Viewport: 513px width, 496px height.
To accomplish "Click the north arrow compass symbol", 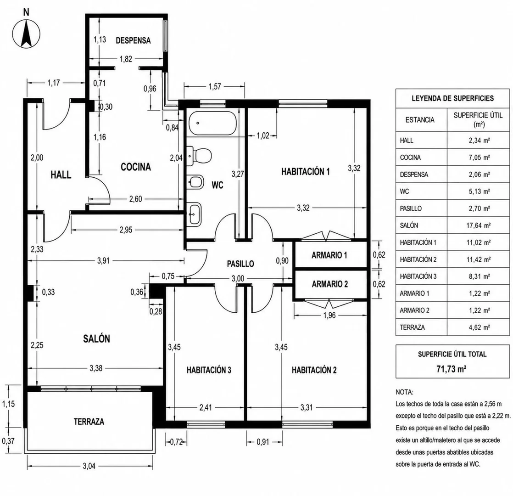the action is click(x=26, y=34).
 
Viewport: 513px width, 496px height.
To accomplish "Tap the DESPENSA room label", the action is click(x=133, y=40).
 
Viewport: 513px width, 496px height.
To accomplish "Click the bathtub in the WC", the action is click(x=212, y=123).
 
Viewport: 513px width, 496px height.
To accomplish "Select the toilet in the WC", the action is click(x=199, y=154).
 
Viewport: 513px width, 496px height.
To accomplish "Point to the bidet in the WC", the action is click(x=195, y=182).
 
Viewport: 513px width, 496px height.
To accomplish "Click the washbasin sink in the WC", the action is click(x=195, y=214).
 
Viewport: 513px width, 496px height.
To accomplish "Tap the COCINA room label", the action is click(x=136, y=167).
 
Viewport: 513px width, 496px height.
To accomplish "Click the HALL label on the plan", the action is click(x=61, y=175).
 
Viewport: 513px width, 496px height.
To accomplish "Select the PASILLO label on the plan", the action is click(x=240, y=264).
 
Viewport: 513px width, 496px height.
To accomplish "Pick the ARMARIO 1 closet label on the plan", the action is click(x=329, y=255).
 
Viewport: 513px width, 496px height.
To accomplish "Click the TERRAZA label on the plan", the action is click(x=89, y=422).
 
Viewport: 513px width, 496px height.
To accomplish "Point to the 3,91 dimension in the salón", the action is click(x=103, y=261).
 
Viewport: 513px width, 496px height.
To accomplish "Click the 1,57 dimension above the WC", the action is click(x=215, y=87).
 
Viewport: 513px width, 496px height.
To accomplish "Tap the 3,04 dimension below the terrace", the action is click(x=89, y=466).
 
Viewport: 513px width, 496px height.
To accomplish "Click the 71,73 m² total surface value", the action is click(x=452, y=369).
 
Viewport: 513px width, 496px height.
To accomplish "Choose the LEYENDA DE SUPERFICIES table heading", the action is click(x=452, y=98).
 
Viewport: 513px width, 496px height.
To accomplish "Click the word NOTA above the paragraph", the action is click(x=404, y=392).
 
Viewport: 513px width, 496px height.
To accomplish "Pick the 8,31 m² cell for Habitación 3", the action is click(x=480, y=276).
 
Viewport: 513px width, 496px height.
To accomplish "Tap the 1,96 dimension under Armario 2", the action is click(x=329, y=316).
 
